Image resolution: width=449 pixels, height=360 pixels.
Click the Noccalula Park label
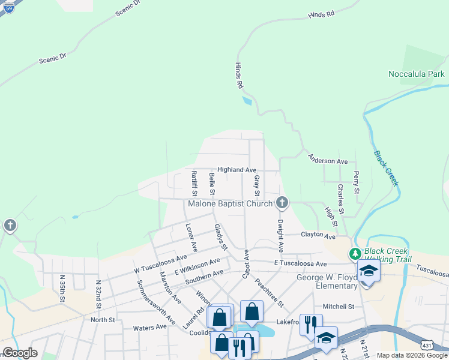[416, 74]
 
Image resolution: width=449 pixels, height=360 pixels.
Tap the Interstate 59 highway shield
[8, 7]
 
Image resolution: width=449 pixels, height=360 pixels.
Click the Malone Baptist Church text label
[230, 204]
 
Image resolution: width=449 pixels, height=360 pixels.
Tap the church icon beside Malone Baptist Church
[282, 203]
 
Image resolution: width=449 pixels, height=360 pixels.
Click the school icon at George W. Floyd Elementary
[368, 272]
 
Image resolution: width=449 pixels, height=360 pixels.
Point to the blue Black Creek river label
[386, 167]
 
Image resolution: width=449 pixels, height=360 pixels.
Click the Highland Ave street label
[237, 170]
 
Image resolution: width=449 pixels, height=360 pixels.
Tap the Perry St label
[357, 182]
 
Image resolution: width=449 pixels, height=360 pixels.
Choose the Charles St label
[340, 199]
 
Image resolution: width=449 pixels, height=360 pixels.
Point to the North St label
[102, 320]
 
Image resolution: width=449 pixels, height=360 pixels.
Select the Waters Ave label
[149, 328]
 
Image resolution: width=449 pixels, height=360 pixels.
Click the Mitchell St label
[338, 307]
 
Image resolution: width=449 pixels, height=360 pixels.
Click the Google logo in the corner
[20, 352]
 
